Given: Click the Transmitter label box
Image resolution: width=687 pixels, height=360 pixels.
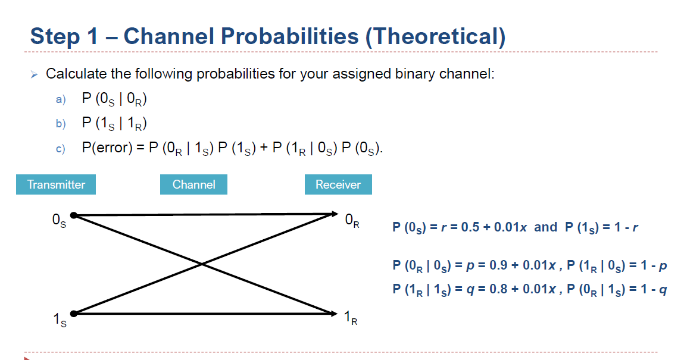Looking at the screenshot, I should (x=56, y=184).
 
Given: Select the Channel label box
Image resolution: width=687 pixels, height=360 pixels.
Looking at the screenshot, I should (x=193, y=184).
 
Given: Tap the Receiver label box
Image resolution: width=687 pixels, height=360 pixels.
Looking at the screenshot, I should (x=338, y=184).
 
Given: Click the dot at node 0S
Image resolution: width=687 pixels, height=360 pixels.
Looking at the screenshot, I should (x=73, y=215).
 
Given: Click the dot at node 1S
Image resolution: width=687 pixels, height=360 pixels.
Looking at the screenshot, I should (x=73, y=313).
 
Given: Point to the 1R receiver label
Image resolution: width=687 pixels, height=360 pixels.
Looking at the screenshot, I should (x=352, y=318).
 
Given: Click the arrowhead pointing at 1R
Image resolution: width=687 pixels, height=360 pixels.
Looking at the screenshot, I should (x=333, y=313).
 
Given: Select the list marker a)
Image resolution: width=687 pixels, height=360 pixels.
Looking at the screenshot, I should (x=61, y=99).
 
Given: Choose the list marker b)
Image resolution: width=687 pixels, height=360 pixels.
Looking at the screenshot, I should (x=61, y=124).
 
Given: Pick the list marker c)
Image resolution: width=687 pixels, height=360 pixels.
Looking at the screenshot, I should (x=61, y=148).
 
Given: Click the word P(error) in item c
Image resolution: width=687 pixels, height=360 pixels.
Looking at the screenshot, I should (x=106, y=148).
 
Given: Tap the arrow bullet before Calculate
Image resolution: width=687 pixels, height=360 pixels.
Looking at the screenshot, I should (x=35, y=74).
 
